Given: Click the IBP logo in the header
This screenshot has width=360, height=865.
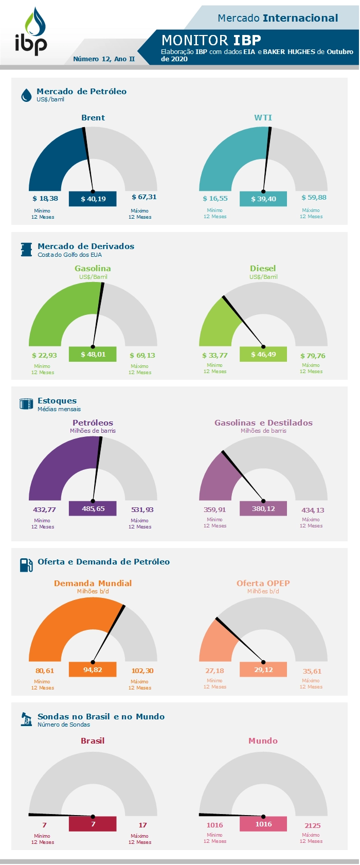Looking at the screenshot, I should click(31, 32).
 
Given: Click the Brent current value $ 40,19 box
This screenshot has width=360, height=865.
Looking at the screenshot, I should click(93, 199).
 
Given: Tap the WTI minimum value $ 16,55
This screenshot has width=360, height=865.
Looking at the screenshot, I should click(215, 198).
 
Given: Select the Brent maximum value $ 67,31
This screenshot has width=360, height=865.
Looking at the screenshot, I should click(144, 197).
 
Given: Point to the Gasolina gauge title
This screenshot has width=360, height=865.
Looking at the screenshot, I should click(93, 268).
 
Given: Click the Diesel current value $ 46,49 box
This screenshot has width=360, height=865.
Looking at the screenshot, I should click(263, 354).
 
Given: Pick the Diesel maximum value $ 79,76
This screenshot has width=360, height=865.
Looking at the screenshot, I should click(313, 356).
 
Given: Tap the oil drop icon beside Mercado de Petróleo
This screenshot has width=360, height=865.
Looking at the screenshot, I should click(26, 95).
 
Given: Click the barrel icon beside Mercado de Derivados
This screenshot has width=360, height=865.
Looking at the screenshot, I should click(26, 250).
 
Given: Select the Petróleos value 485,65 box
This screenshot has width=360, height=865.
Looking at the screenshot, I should click(93, 508).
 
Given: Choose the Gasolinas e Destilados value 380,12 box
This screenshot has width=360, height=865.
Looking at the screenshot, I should click(263, 508).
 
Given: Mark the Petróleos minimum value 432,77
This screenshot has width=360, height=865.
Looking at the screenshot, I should click(44, 509).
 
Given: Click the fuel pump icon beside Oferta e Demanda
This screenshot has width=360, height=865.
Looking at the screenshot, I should click(26, 564).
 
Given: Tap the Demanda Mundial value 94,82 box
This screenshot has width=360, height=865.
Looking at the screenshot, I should click(93, 669).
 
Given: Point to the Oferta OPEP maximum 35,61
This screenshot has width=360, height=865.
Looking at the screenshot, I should click(312, 671).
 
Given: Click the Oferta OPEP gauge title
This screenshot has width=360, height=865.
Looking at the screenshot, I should click(263, 583).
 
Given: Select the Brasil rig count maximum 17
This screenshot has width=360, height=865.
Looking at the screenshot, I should click(142, 825).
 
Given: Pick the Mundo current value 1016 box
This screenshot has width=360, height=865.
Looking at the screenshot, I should click(263, 824).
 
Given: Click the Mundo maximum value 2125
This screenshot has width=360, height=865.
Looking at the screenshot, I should click(312, 825).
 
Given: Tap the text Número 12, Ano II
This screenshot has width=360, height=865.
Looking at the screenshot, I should click(104, 59).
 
